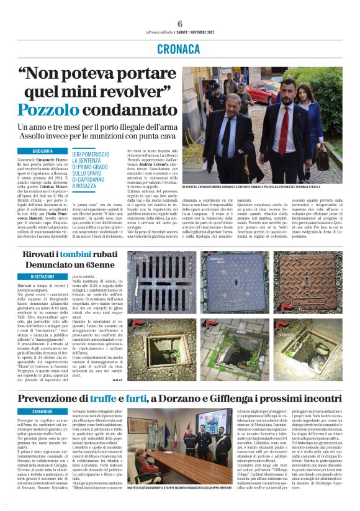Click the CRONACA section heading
click(x=180, y=48)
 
